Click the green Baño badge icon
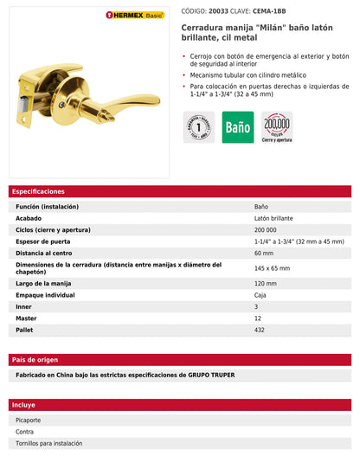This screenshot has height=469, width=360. point(238,127)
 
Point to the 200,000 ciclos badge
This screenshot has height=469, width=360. point(277,127)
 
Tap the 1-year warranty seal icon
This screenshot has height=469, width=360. point(198,127)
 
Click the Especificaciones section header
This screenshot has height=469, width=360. point(37,191)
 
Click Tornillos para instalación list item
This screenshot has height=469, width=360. point(49,443)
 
